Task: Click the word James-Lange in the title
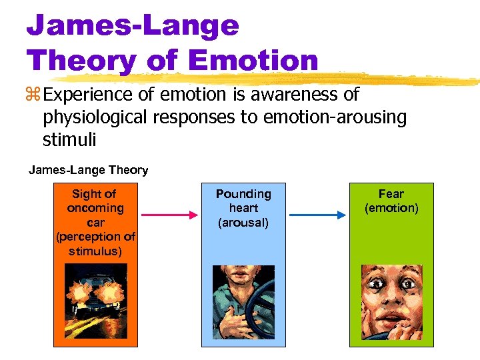133,26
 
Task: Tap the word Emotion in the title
254,60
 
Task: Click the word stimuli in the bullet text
69,140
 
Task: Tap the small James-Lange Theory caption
88,170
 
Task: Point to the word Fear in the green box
391,194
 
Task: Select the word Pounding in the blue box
243,194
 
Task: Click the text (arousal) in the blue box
243,223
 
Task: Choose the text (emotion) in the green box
391,208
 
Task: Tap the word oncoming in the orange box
96,208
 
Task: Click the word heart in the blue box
243,208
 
